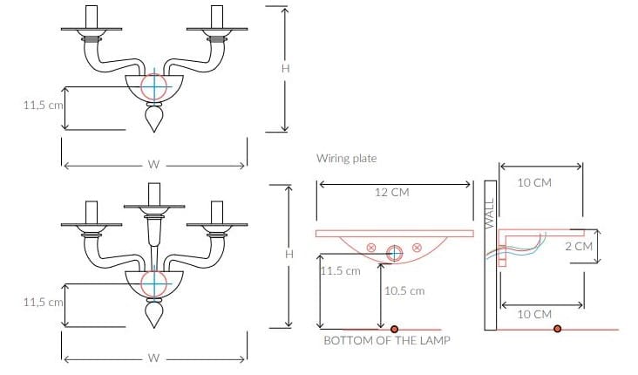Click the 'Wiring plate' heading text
point(347,158)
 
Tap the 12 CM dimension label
point(392,192)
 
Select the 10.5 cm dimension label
point(404,290)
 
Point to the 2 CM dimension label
point(579,246)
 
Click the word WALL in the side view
point(490,214)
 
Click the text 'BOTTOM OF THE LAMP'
point(387,340)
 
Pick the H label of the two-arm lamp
point(285,68)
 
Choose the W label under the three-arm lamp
point(153,358)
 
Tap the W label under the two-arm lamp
point(153,165)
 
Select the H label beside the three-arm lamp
point(288,255)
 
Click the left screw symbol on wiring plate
point(370,247)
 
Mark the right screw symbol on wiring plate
point(417,247)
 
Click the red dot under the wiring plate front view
point(394,329)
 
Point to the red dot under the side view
point(558,329)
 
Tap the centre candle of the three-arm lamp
point(154,194)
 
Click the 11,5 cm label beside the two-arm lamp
point(43,105)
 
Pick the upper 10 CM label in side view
point(534,182)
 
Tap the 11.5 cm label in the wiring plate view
point(340,270)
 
